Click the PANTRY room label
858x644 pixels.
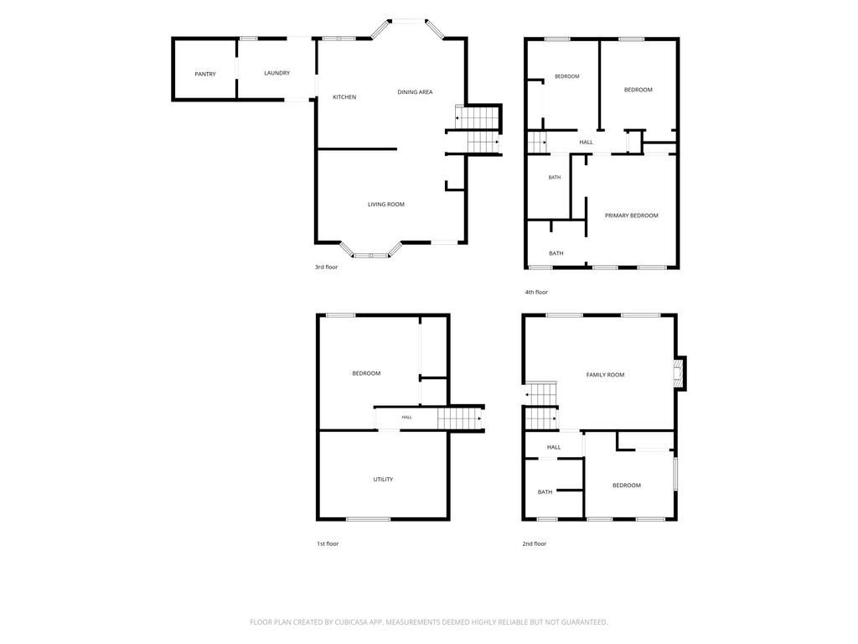click(205, 74)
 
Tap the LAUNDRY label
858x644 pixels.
click(277, 73)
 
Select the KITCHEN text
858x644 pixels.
click(344, 97)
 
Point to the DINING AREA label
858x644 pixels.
click(415, 92)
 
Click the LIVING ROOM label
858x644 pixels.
click(385, 205)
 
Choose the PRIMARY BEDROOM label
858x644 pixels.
click(632, 216)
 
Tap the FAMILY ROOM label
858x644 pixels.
click(605, 375)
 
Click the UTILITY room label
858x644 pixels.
click(383, 479)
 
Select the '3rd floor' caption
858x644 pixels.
click(326, 267)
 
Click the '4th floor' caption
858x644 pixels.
click(536, 292)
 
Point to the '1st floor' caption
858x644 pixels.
click(328, 543)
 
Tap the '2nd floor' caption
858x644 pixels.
click(534, 543)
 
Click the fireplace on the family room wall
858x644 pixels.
click(680, 373)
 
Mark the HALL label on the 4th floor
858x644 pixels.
click(586, 142)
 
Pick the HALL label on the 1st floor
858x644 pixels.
click(406, 418)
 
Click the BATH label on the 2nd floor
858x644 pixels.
click(545, 491)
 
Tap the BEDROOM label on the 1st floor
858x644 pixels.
click(366, 373)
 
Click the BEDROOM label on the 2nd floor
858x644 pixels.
click(627, 486)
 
